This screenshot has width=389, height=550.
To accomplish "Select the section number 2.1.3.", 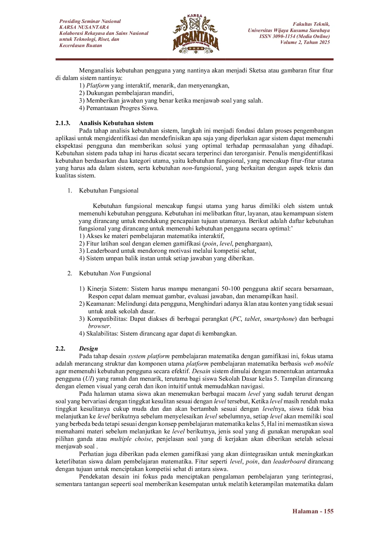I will (63, 123).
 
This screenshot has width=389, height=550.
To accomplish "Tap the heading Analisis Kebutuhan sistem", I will (116, 123).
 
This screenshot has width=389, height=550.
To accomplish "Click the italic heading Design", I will (88, 349).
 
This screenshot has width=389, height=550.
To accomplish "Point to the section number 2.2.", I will (60, 349).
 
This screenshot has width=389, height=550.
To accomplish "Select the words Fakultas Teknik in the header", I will (311, 24).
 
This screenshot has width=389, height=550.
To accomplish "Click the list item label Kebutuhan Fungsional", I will (109, 191).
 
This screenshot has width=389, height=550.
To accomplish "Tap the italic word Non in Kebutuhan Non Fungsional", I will (115, 273).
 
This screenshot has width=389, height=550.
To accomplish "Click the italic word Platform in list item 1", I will (98, 86).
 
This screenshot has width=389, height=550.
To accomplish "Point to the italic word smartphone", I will (279, 319).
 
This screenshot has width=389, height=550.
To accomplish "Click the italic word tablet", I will (252, 319).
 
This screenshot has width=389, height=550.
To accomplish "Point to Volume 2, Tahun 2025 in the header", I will (305, 42).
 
